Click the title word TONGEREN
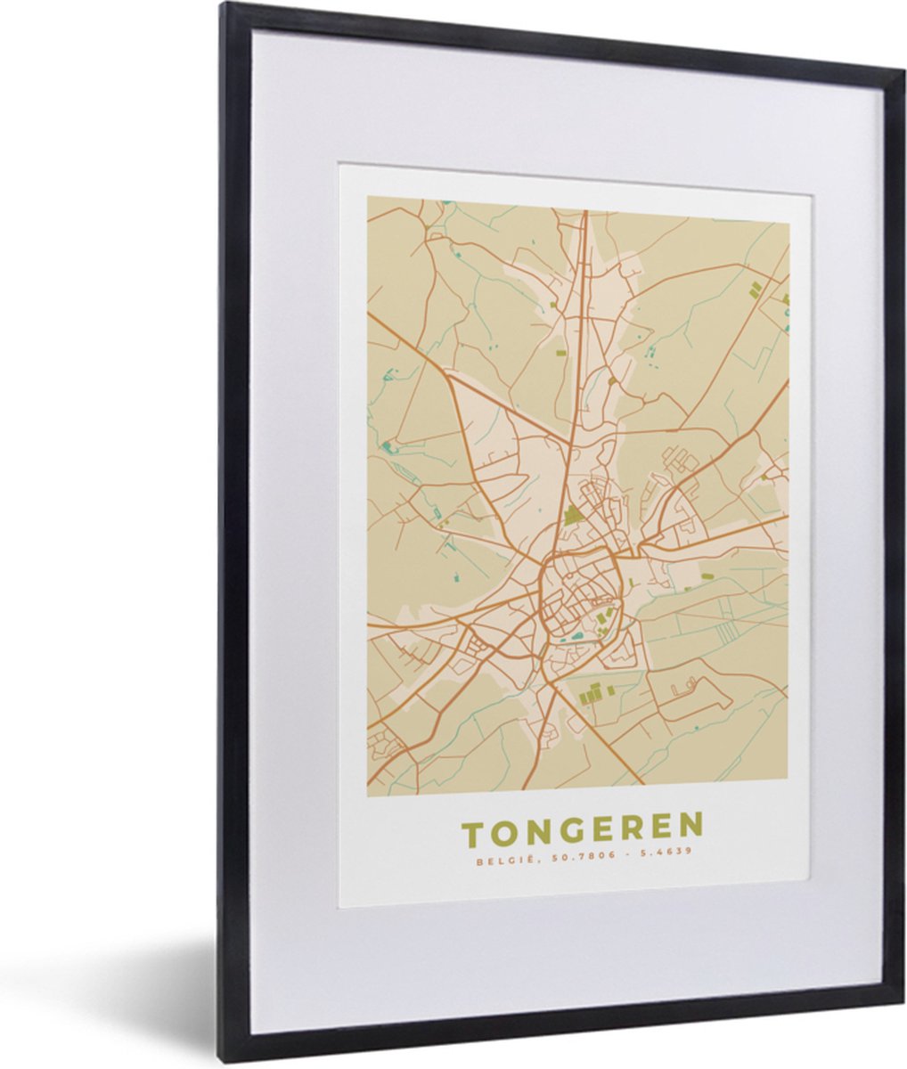pos(583,829)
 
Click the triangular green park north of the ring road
pos(572,515)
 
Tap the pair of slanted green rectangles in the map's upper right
pos(756,289)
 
